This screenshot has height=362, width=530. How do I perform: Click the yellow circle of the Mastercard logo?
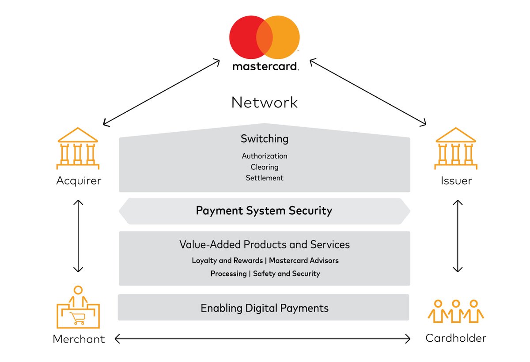[286, 38]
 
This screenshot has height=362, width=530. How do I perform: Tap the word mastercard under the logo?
[265, 67]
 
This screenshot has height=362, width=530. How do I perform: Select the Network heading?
[265, 103]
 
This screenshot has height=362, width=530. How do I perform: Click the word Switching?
[265, 139]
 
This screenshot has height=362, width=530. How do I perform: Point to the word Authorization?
[265, 156]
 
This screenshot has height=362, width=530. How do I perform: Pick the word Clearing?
[265, 167]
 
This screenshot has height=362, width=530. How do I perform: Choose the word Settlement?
[265, 178]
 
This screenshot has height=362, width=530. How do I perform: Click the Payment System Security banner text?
[264, 211]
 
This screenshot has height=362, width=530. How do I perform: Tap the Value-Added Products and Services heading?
[265, 244]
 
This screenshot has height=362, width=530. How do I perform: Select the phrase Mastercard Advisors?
[304, 260]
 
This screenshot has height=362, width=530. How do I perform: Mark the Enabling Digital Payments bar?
[264, 308]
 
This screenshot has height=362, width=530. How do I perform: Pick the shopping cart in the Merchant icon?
[78, 317]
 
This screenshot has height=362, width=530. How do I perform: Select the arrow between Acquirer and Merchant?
[78, 236]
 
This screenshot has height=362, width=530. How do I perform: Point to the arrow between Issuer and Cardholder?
[458, 236]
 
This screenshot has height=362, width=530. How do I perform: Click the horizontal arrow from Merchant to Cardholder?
[262, 339]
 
